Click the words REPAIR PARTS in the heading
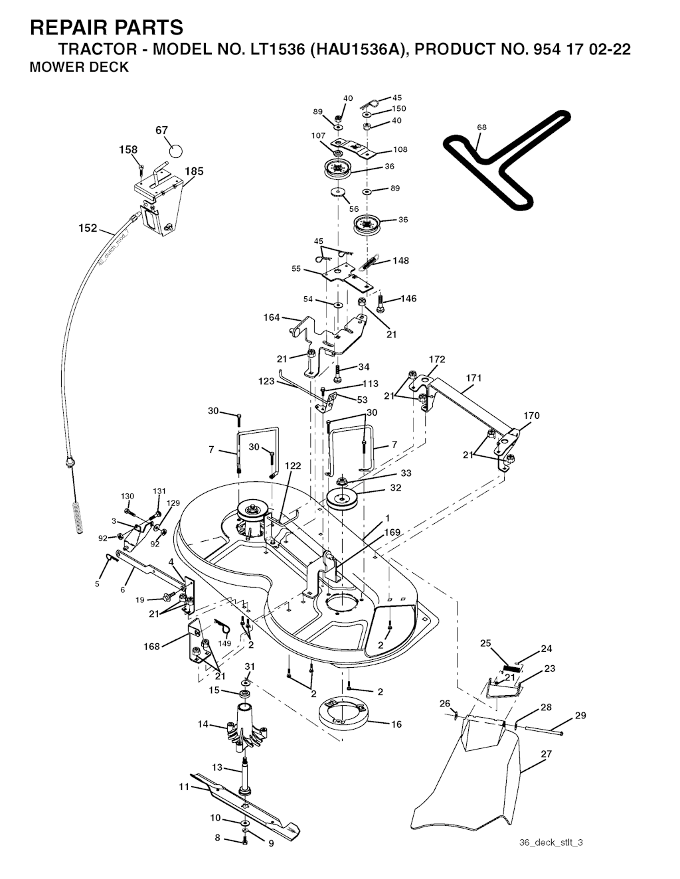(106, 27)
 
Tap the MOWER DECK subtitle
(79, 67)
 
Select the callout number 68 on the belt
(481, 127)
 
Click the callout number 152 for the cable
(88, 228)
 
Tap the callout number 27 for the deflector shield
(546, 754)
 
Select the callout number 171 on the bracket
(473, 378)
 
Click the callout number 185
(194, 171)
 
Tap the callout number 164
(272, 317)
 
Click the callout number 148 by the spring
(400, 260)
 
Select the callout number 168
(151, 647)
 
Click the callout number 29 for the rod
(580, 716)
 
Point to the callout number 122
(293, 465)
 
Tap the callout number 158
(128, 149)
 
